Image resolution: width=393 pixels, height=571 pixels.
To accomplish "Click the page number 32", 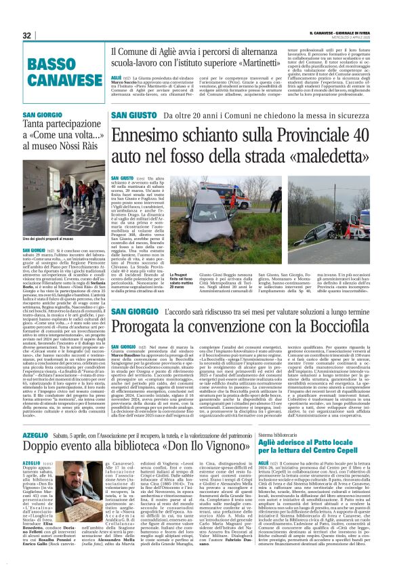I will pos(27,35).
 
